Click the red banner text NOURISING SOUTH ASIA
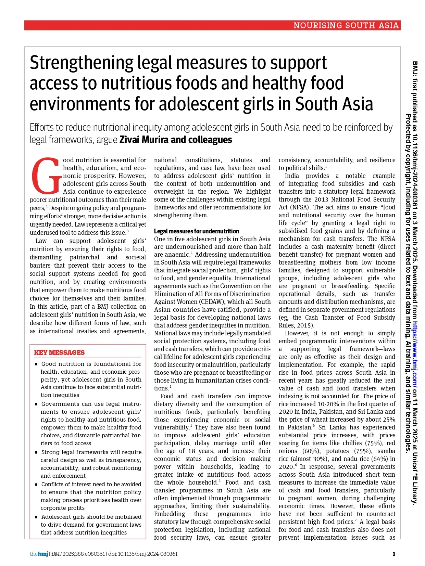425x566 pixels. pyautogui.click(x=346, y=25)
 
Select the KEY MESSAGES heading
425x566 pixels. pyautogui.click(x=59, y=352)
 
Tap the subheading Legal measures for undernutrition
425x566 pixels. pyautogui.click(x=197, y=231)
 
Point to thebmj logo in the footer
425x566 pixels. pyautogui.click(x=39, y=554)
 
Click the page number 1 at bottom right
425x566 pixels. pyautogui.click(x=394, y=554)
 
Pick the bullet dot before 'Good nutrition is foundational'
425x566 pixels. pyautogui.click(x=36, y=364)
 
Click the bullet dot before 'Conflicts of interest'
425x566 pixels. pyautogui.click(x=36, y=485)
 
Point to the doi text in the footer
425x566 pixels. pyautogui.click(x=143, y=554)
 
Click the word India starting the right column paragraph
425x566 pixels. pyautogui.click(x=292, y=176)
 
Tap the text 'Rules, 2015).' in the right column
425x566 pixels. pyautogui.click(x=296, y=325)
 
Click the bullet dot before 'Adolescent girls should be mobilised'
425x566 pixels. pyautogui.click(x=36, y=517)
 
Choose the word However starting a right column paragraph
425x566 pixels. pyautogui.click(x=297, y=333)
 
